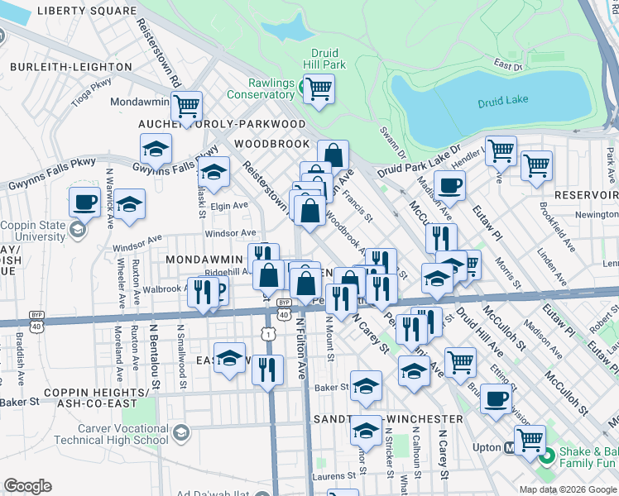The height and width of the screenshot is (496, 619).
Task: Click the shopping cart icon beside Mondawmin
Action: click(x=187, y=105)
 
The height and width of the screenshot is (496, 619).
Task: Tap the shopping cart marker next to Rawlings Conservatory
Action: click(x=319, y=88)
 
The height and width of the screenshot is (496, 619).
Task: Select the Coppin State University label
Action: click(x=33, y=229)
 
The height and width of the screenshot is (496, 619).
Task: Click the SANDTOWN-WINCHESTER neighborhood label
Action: click(x=386, y=419)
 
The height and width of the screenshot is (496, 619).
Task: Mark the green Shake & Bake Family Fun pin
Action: click(x=546, y=455)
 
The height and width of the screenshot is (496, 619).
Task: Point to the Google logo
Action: click(x=27, y=486)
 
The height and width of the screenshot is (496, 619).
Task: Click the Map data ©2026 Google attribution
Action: click(x=568, y=489)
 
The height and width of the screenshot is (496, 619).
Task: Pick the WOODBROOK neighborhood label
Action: click(x=270, y=143)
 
